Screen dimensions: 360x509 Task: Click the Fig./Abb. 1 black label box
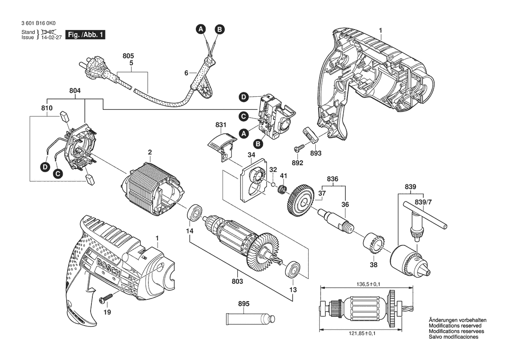pos(85,35)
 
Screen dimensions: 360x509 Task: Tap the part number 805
pos(128,56)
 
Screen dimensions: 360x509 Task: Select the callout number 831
pos(221,125)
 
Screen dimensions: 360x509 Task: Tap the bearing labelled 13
pos(292,269)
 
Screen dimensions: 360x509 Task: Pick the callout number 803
pos(237,282)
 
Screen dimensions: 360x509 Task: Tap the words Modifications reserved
pos(455,326)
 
